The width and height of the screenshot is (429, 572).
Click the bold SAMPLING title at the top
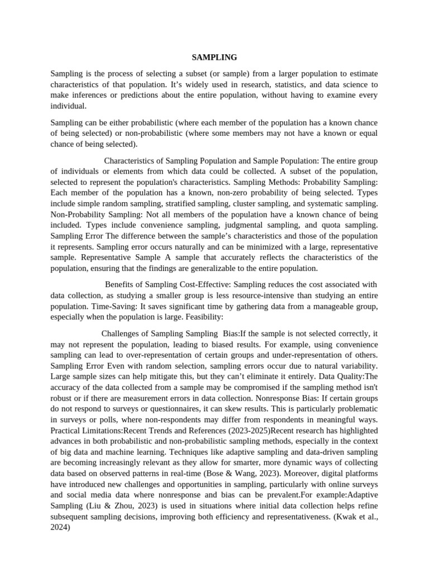click(x=214, y=57)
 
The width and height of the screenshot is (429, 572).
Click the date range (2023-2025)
click(x=244, y=430)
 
